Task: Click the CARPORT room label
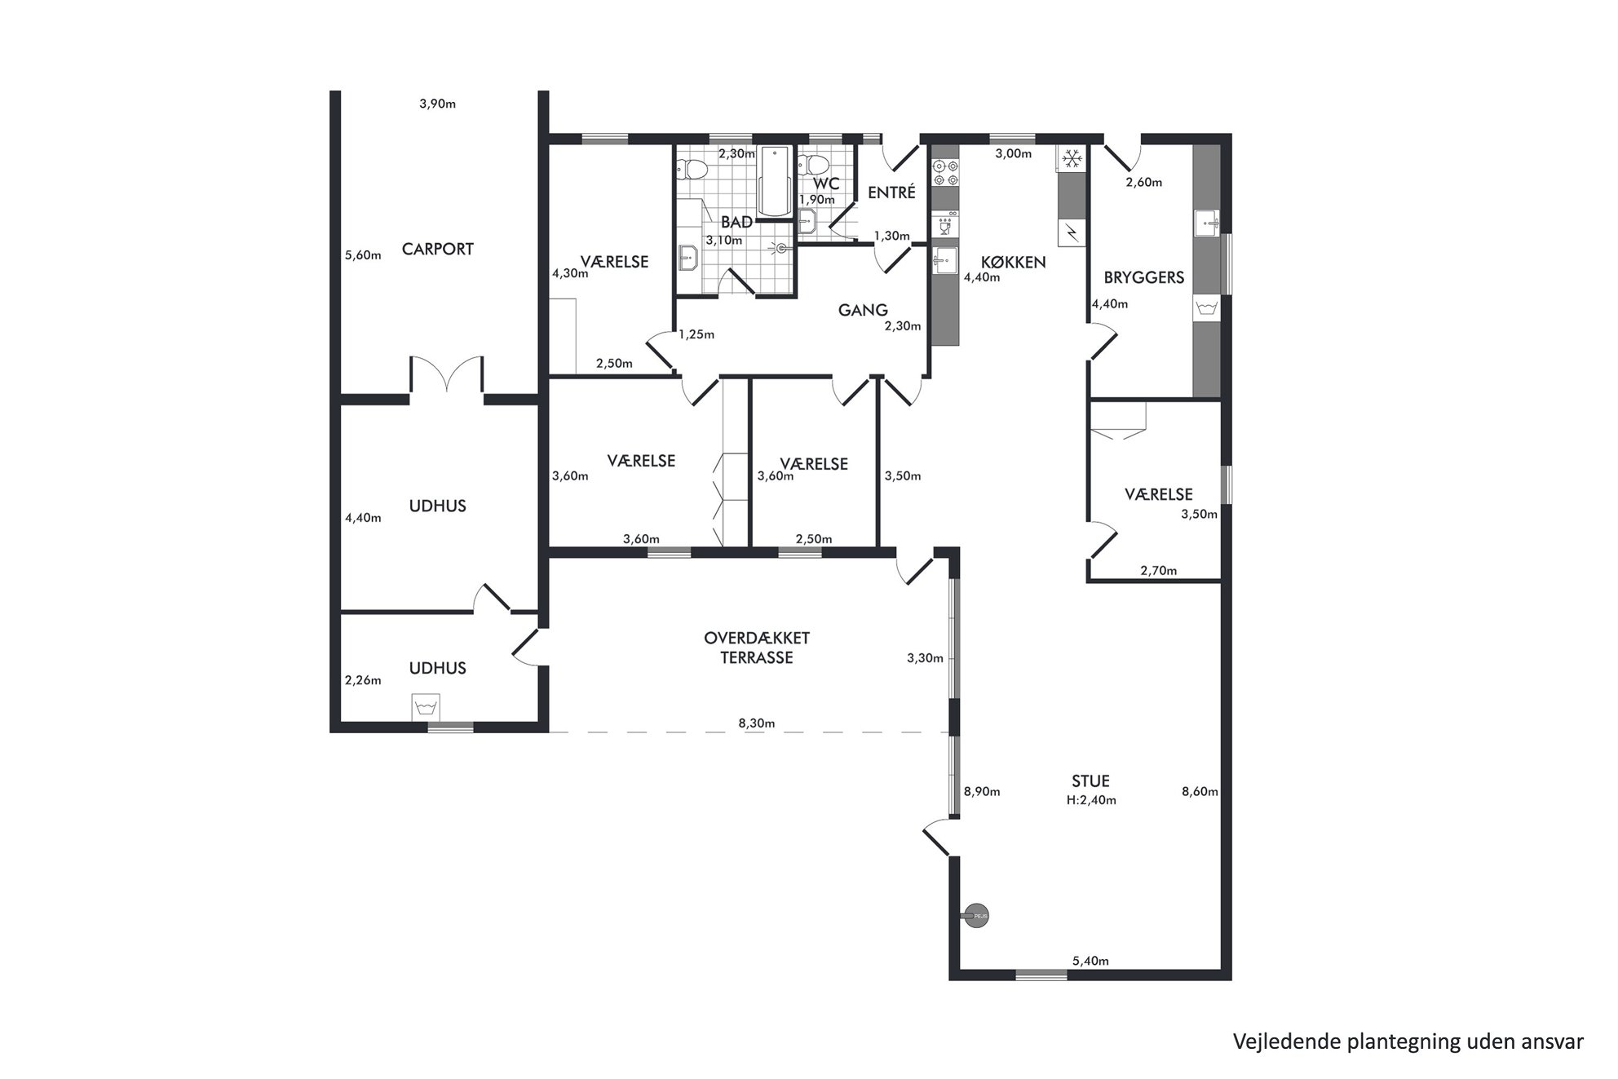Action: (x=437, y=250)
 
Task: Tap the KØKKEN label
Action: (x=1013, y=263)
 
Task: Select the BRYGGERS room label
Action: (x=1143, y=278)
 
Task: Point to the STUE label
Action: (x=1091, y=781)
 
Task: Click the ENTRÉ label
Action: (x=891, y=193)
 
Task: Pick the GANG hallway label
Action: (x=863, y=310)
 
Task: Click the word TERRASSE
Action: (x=756, y=657)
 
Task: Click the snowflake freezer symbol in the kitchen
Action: (x=1071, y=158)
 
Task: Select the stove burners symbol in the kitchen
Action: (x=945, y=171)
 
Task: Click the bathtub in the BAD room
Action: (x=774, y=182)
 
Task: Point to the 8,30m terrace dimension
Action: (x=756, y=723)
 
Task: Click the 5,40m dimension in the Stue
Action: (x=1090, y=962)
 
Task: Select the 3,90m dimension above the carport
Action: (x=437, y=104)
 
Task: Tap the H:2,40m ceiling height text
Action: (x=1091, y=800)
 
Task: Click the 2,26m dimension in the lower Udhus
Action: (x=363, y=680)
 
